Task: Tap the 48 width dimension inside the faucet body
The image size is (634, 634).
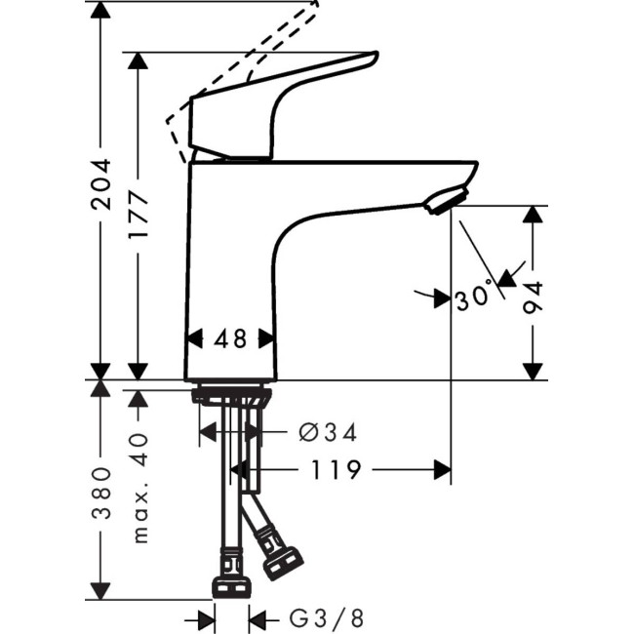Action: click(230, 338)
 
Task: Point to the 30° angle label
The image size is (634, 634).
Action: click(476, 297)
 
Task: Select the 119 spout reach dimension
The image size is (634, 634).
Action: click(338, 470)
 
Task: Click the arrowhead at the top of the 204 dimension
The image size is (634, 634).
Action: click(100, 12)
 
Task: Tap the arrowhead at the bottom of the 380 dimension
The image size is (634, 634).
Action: click(100, 591)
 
